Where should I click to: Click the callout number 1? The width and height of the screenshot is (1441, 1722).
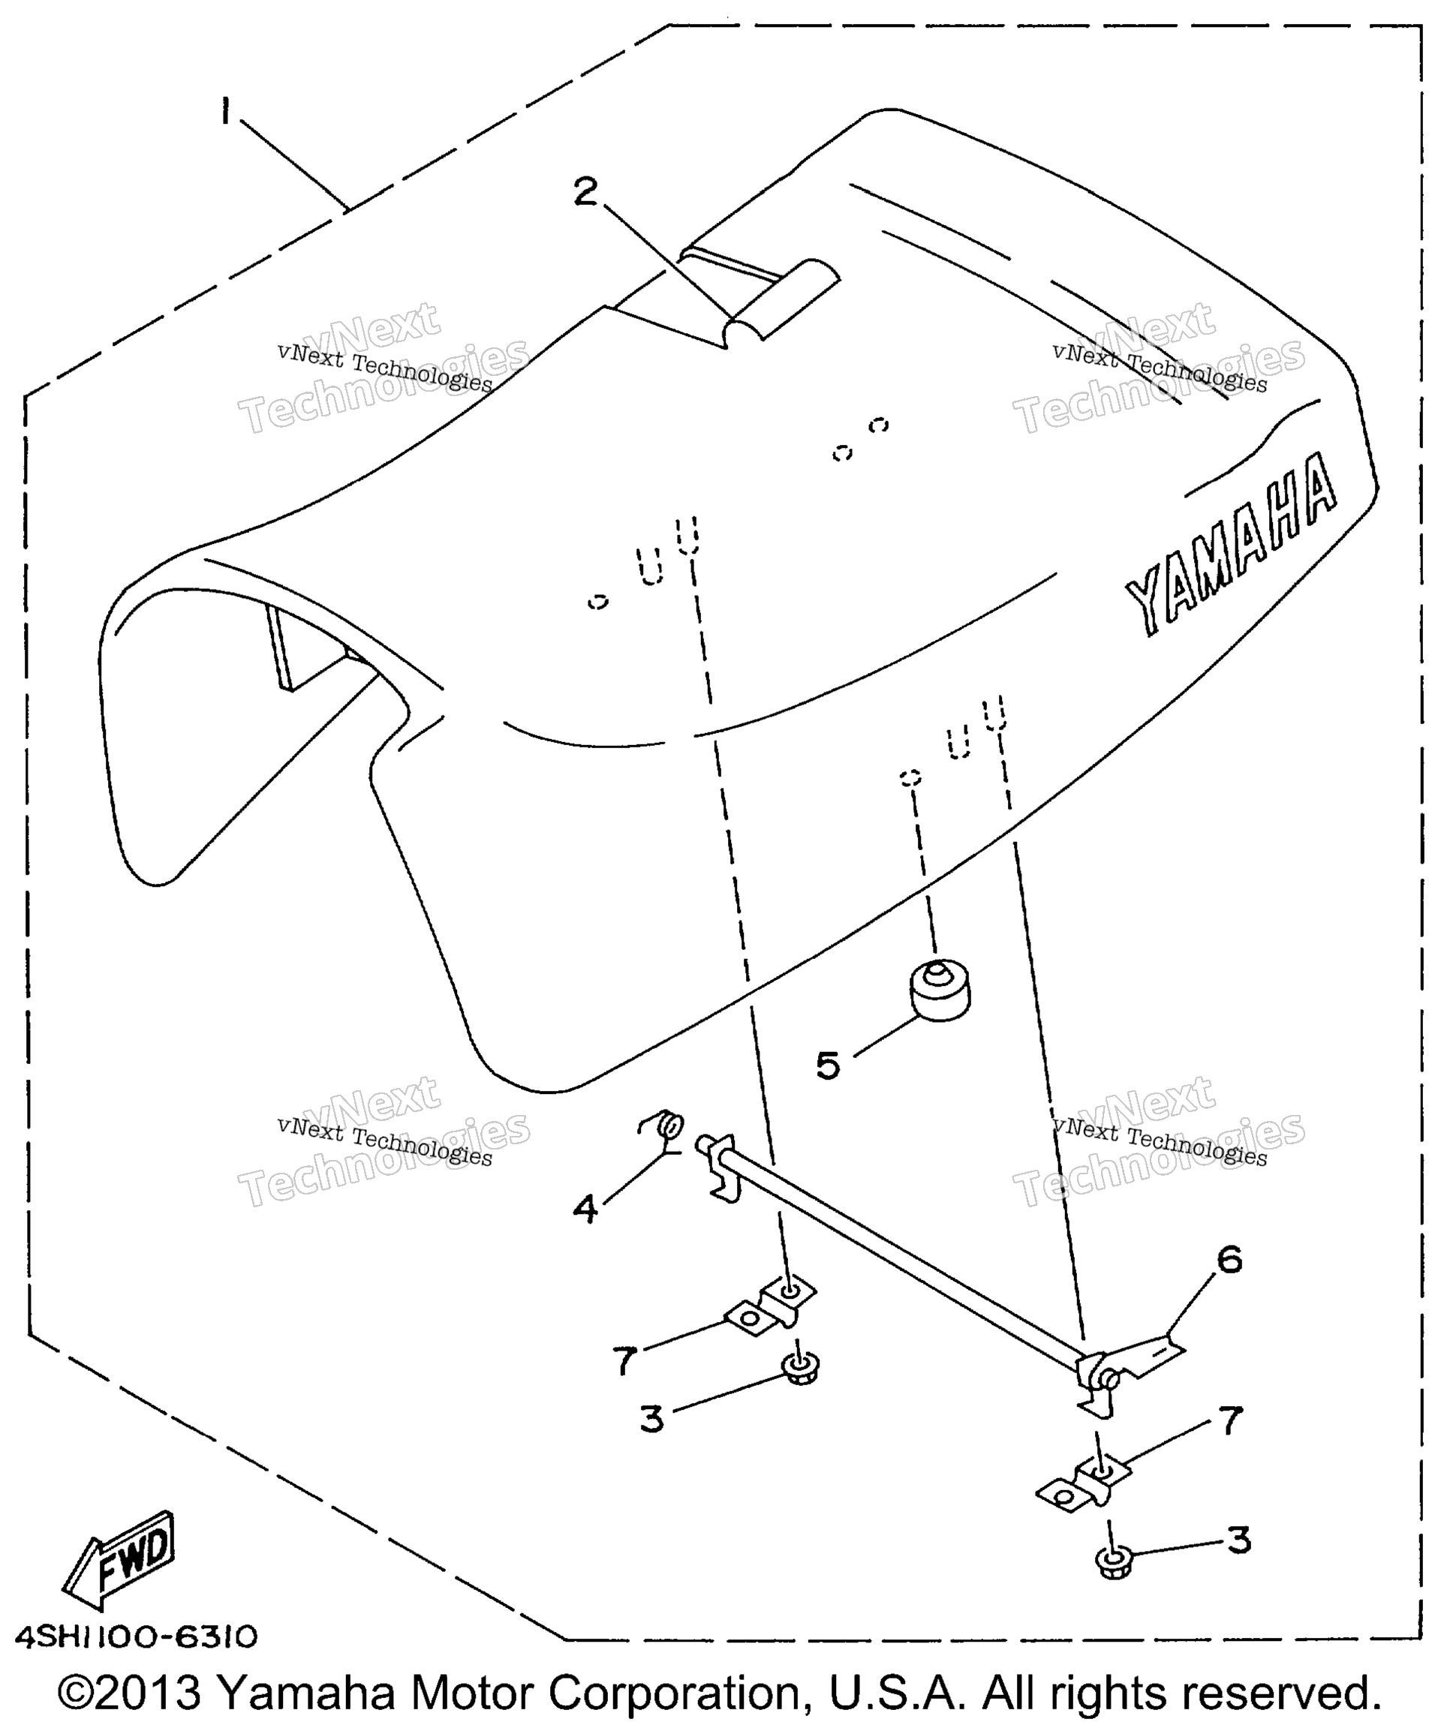click(224, 112)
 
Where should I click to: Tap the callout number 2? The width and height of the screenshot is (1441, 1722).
click(585, 192)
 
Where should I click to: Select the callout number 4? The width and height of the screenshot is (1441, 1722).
click(585, 1209)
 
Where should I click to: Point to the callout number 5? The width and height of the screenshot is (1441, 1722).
click(829, 1065)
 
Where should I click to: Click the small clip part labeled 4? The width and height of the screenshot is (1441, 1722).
click(664, 1128)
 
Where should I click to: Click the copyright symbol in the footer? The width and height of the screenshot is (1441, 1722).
click(79, 1693)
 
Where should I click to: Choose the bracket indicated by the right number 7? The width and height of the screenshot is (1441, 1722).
click(1084, 1482)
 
